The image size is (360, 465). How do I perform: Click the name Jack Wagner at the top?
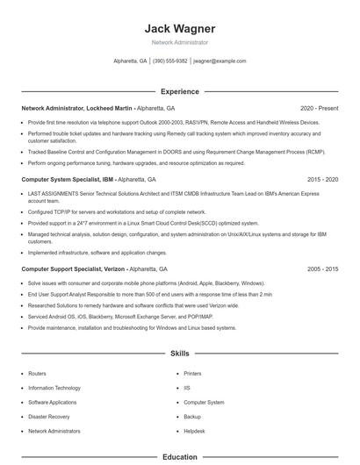point(179,29)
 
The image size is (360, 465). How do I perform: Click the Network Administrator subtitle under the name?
point(179,42)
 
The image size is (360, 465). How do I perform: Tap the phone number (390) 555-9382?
point(170,61)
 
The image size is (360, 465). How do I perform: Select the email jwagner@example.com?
point(220,61)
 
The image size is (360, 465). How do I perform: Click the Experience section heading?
point(179,91)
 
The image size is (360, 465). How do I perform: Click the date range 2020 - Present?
point(319,107)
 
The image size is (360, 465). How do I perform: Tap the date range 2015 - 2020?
point(322,179)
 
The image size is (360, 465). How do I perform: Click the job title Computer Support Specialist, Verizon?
point(72,268)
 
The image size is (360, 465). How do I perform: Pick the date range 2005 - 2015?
point(322,268)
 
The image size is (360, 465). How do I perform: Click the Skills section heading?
point(179,354)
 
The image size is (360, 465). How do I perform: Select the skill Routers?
point(37,373)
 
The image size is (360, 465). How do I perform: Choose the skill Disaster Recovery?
point(48,417)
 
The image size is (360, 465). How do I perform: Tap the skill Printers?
point(192,373)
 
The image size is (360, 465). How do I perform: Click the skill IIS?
point(187,388)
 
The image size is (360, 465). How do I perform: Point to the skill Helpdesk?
point(194,432)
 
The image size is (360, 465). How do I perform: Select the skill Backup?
point(192,417)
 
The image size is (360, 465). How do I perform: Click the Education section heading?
point(179,457)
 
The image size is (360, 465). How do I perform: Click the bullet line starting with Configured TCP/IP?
point(117,212)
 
